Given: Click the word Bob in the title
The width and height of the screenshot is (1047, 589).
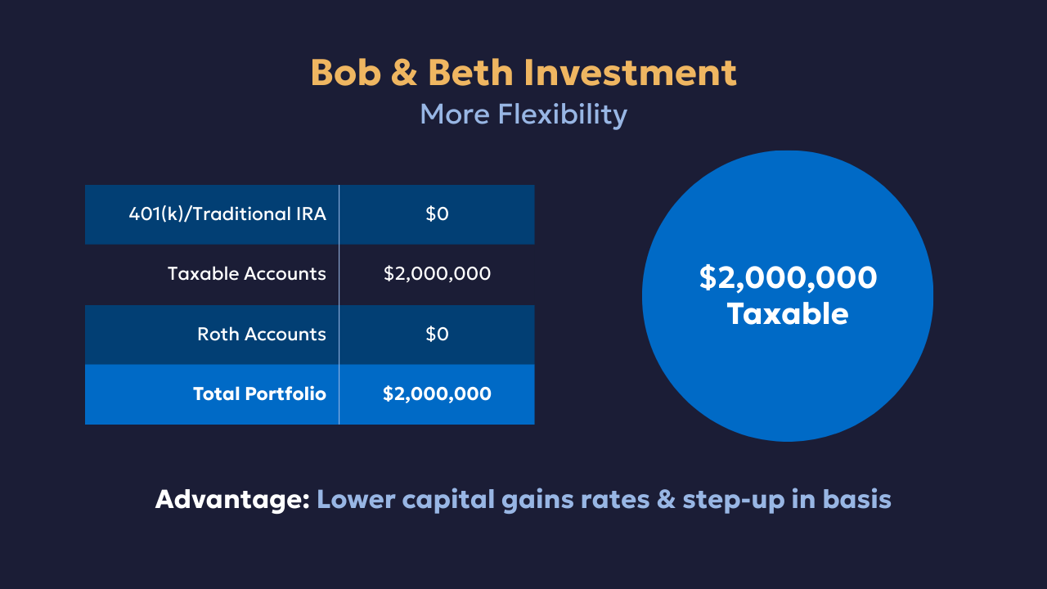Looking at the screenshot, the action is pyautogui.click(x=346, y=73).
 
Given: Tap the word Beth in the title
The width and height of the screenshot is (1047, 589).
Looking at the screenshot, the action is pyautogui.click(x=470, y=73).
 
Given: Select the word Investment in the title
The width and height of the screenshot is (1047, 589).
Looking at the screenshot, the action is pyautogui.click(x=631, y=73).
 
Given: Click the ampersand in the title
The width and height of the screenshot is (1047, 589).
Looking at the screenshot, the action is pyautogui.click(x=404, y=73).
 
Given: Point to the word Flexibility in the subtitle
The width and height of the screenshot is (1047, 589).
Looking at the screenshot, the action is pyautogui.click(x=562, y=114).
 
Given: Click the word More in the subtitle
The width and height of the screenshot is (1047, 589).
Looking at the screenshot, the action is pyautogui.click(x=455, y=115).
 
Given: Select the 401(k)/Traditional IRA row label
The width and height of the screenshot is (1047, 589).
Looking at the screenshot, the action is pyautogui.click(x=227, y=214).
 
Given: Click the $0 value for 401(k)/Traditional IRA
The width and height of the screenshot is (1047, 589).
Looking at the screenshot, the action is pyautogui.click(x=437, y=214).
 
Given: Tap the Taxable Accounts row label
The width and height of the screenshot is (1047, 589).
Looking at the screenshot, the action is pyautogui.click(x=247, y=273).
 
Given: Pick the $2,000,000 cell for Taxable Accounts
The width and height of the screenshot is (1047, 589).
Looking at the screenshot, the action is pyautogui.click(x=437, y=273).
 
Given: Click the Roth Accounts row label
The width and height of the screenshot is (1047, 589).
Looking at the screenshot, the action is pyautogui.click(x=261, y=335).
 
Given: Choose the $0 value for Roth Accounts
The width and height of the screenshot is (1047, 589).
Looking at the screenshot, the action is pyautogui.click(x=437, y=335).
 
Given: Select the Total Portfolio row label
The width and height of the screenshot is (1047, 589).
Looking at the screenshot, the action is pyautogui.click(x=259, y=393).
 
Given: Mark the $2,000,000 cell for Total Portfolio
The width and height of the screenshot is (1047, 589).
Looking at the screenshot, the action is pyautogui.click(x=437, y=394).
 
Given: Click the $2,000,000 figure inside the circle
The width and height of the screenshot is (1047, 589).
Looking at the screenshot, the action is pyautogui.click(x=788, y=278).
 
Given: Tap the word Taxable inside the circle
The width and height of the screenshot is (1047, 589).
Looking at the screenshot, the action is pyautogui.click(x=788, y=313).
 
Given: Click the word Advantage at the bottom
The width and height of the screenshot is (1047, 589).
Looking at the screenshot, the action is pyautogui.click(x=232, y=500).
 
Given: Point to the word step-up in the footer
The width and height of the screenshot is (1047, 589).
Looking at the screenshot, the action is pyautogui.click(x=734, y=500).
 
